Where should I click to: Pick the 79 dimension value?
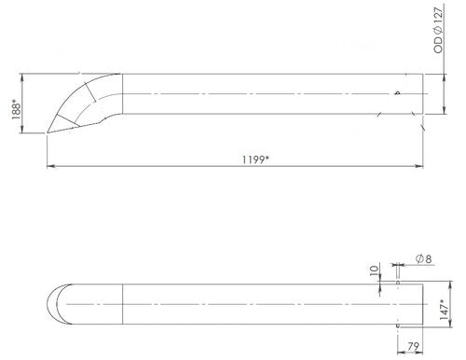pos(411,349)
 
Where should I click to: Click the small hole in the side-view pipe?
pos(397,91)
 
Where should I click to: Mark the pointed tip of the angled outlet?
pos(48,134)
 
